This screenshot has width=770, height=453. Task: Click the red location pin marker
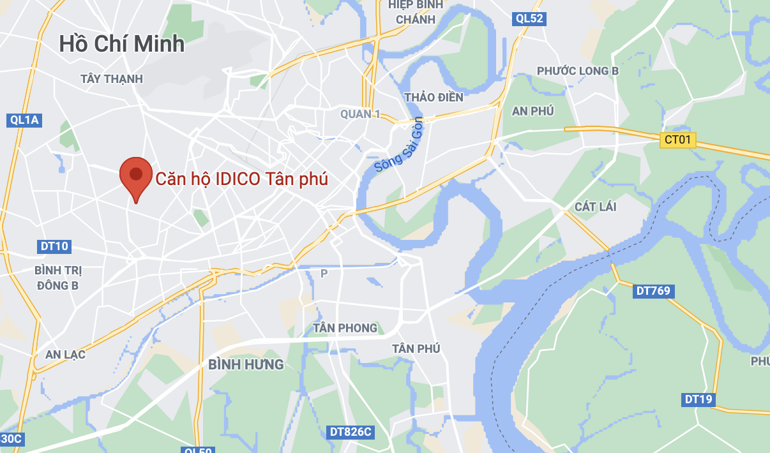[x=135, y=176]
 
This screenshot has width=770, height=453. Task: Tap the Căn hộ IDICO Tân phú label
[x=242, y=179]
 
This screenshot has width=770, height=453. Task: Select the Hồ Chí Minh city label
[x=122, y=43]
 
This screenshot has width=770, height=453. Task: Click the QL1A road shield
[x=25, y=120]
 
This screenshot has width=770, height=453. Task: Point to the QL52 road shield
[x=529, y=19]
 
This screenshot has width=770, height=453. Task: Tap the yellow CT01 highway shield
[x=677, y=140]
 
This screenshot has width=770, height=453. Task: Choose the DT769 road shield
[x=653, y=291]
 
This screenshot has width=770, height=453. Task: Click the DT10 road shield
[x=54, y=246]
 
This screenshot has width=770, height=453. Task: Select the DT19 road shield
[x=698, y=400]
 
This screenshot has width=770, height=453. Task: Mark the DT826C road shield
[x=351, y=432]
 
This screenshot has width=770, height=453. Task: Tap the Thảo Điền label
[x=434, y=98]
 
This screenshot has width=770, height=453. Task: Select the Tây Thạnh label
[x=112, y=79]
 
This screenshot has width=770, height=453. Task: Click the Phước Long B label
[x=578, y=71]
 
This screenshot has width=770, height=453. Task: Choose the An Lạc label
[x=65, y=354]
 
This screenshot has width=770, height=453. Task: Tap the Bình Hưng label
[x=246, y=364]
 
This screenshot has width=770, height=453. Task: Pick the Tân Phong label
[x=345, y=328]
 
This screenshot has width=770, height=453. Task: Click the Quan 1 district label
[x=360, y=114]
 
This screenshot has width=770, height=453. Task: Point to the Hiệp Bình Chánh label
[x=415, y=12]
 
